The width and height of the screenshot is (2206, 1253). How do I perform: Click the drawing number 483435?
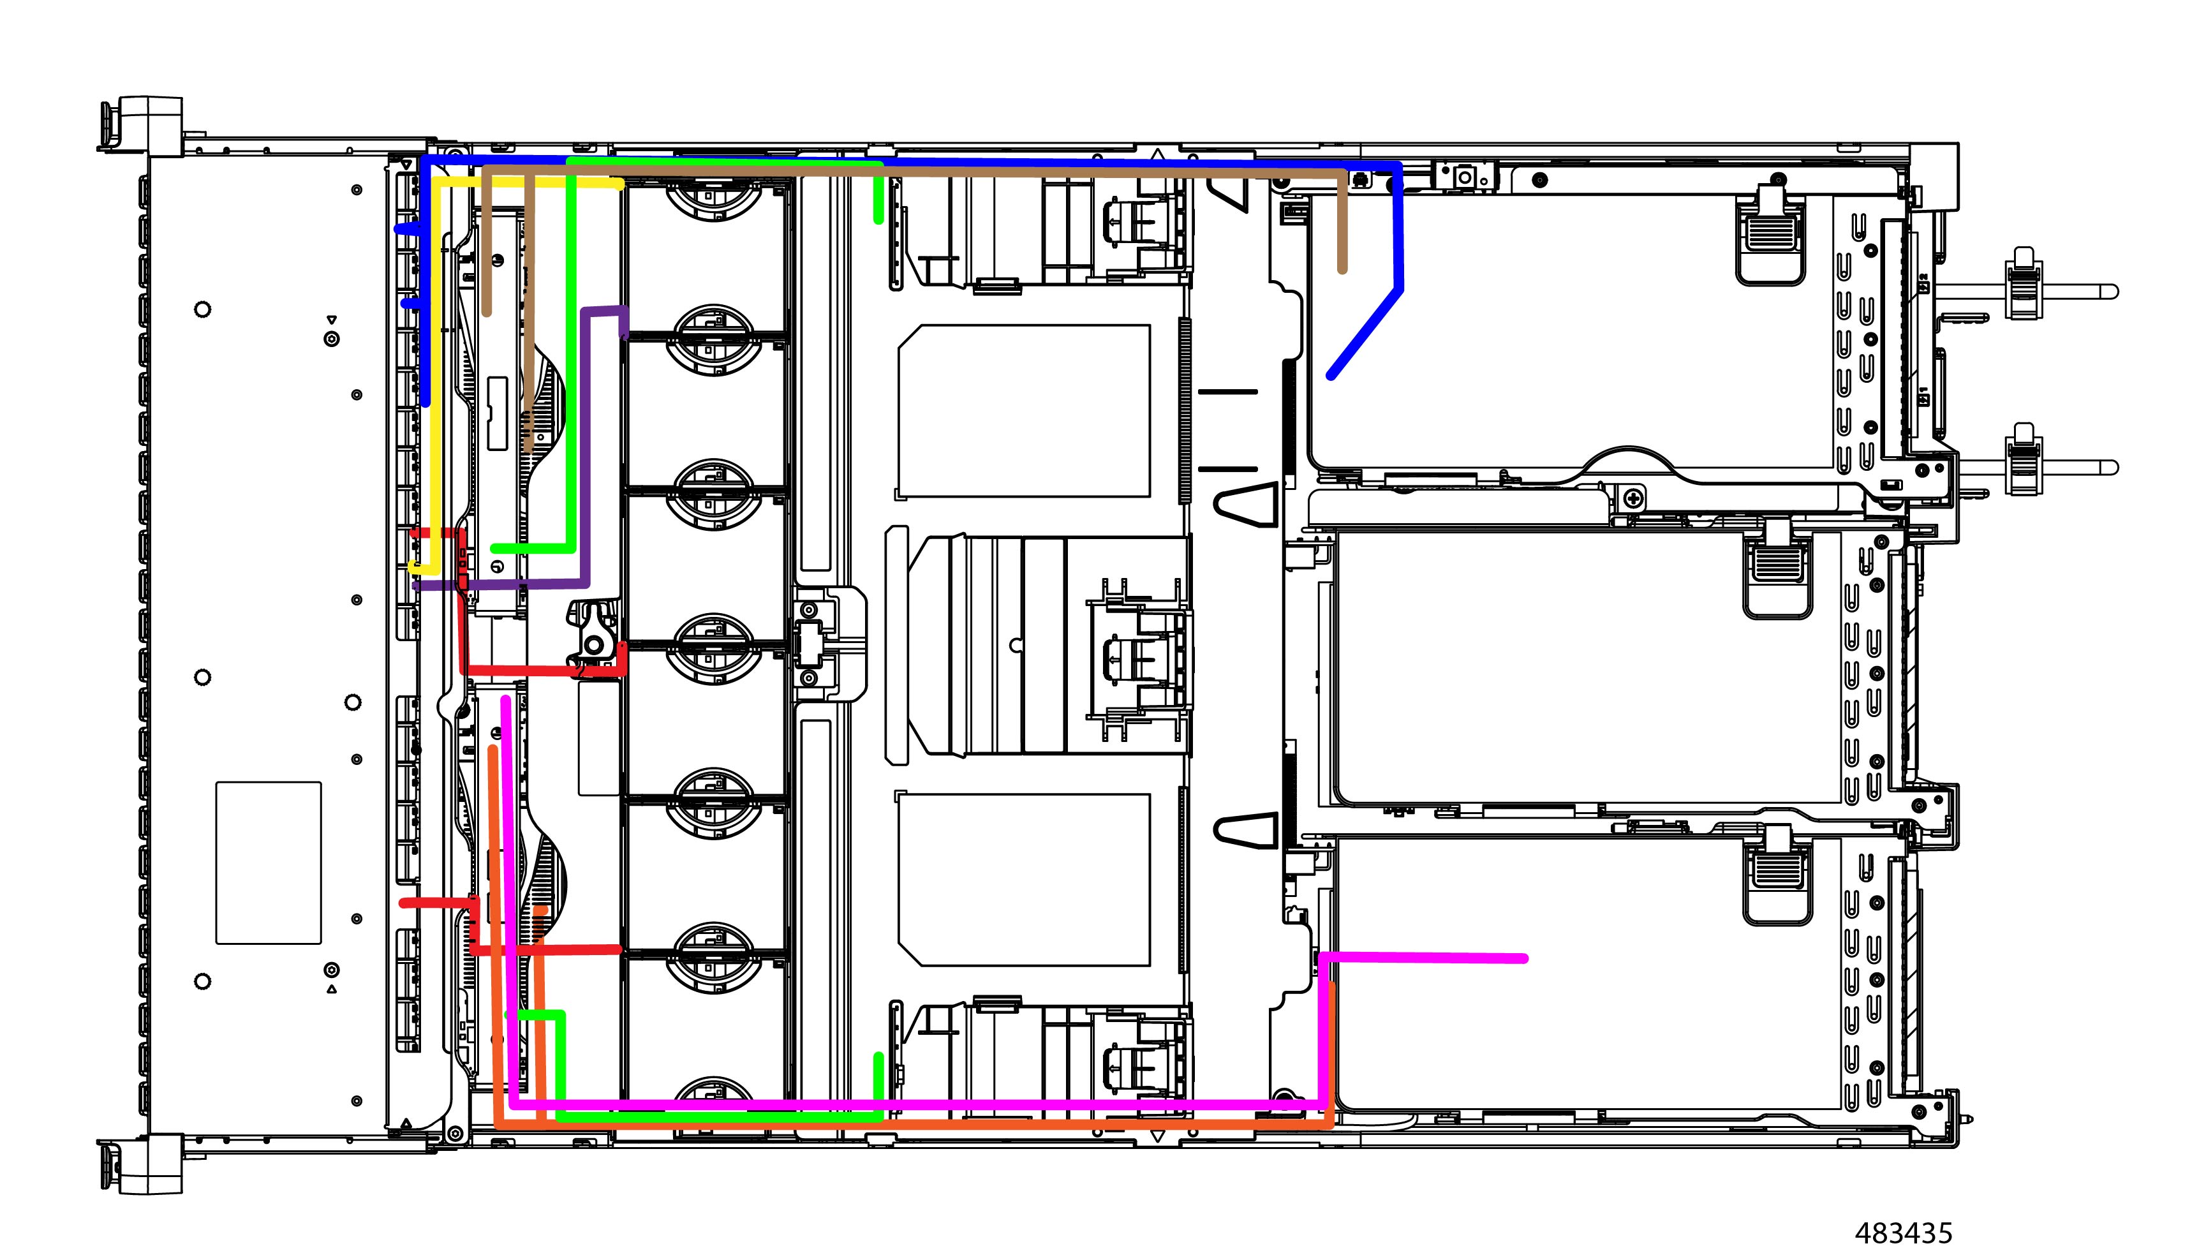pos(1903,1233)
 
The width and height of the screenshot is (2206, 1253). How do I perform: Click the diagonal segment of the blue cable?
pos(1365,333)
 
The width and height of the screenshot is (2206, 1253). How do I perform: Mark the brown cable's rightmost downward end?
pos(1342,268)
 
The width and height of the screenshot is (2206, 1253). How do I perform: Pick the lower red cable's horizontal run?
pos(545,949)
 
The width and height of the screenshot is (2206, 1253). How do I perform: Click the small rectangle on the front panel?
pos(269,863)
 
